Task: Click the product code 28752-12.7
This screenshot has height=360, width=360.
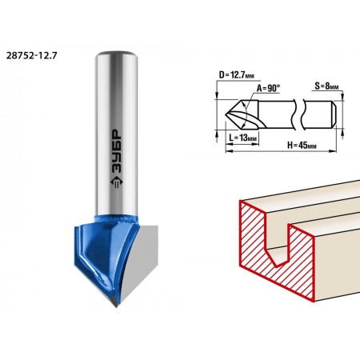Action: pos(31,56)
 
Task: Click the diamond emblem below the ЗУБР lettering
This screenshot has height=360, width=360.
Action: pos(116,183)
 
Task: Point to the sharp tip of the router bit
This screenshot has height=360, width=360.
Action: pos(116,306)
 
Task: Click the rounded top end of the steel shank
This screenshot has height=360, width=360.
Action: pos(117,54)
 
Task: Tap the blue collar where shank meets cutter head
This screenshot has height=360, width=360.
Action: pos(116,219)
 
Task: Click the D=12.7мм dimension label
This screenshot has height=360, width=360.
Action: pos(237,75)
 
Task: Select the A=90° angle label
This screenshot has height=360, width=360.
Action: pos(268,88)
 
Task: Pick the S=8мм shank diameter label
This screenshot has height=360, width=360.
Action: pos(326,86)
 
